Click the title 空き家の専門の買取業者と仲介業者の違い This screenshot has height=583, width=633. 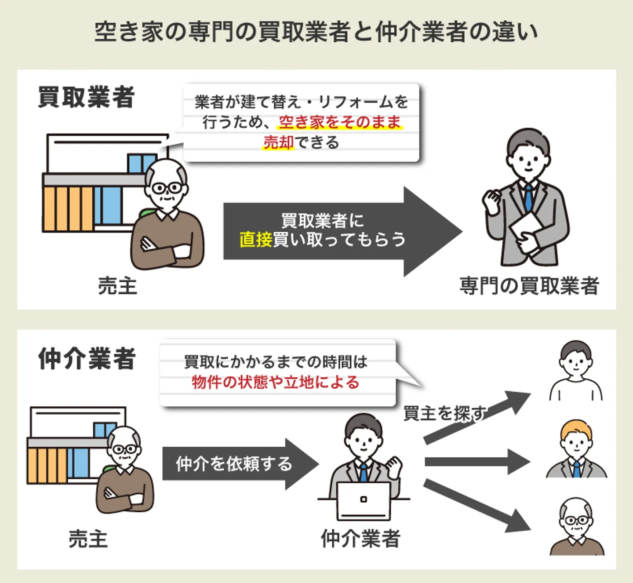tap(316, 32)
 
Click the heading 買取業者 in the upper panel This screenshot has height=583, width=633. tap(86, 97)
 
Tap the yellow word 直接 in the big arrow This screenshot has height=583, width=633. tap(256, 240)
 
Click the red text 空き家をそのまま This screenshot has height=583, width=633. tap(340, 122)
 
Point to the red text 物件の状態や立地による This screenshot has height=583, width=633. tap(276, 382)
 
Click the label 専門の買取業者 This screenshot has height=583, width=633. tap(529, 286)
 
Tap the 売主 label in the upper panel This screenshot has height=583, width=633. tap(117, 286)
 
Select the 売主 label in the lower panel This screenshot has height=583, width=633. tap(88, 539)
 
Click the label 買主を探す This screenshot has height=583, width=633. tap(444, 413)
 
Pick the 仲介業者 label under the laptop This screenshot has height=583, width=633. tap(360, 539)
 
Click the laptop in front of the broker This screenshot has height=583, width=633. tap(364, 501)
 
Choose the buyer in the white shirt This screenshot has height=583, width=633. tap(576, 372)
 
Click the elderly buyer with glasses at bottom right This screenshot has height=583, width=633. tap(577, 528)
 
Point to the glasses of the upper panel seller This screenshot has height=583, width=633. tap(167, 188)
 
